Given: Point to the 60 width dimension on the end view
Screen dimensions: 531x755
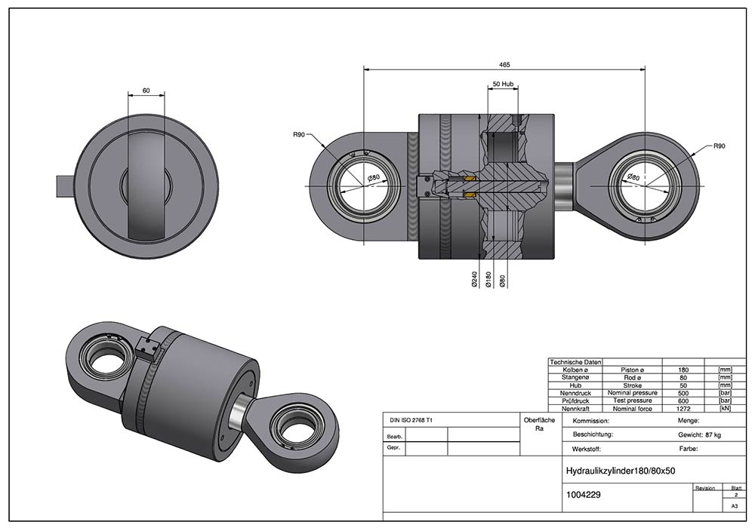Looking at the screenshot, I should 146,91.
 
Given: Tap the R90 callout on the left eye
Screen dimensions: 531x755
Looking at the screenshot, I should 299,136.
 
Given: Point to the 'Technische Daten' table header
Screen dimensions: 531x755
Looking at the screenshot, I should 577,363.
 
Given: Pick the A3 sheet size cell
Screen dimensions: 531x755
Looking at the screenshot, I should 733,507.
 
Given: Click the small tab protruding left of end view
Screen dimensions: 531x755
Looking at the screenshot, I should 66,183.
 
